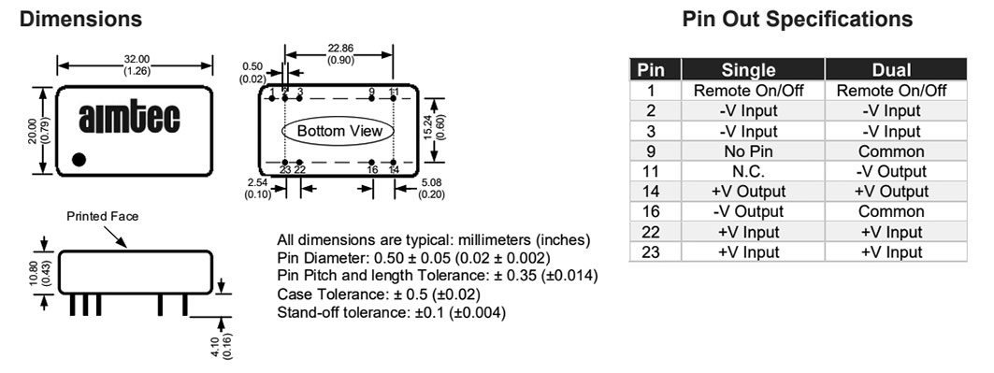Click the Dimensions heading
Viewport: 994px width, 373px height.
(80, 19)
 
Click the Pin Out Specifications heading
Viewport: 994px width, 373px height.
(798, 19)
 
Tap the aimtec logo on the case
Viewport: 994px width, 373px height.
(129, 119)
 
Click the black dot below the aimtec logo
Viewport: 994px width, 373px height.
(79, 160)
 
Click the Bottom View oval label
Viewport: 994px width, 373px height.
(339, 131)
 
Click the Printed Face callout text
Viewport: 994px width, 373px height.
(102, 217)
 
